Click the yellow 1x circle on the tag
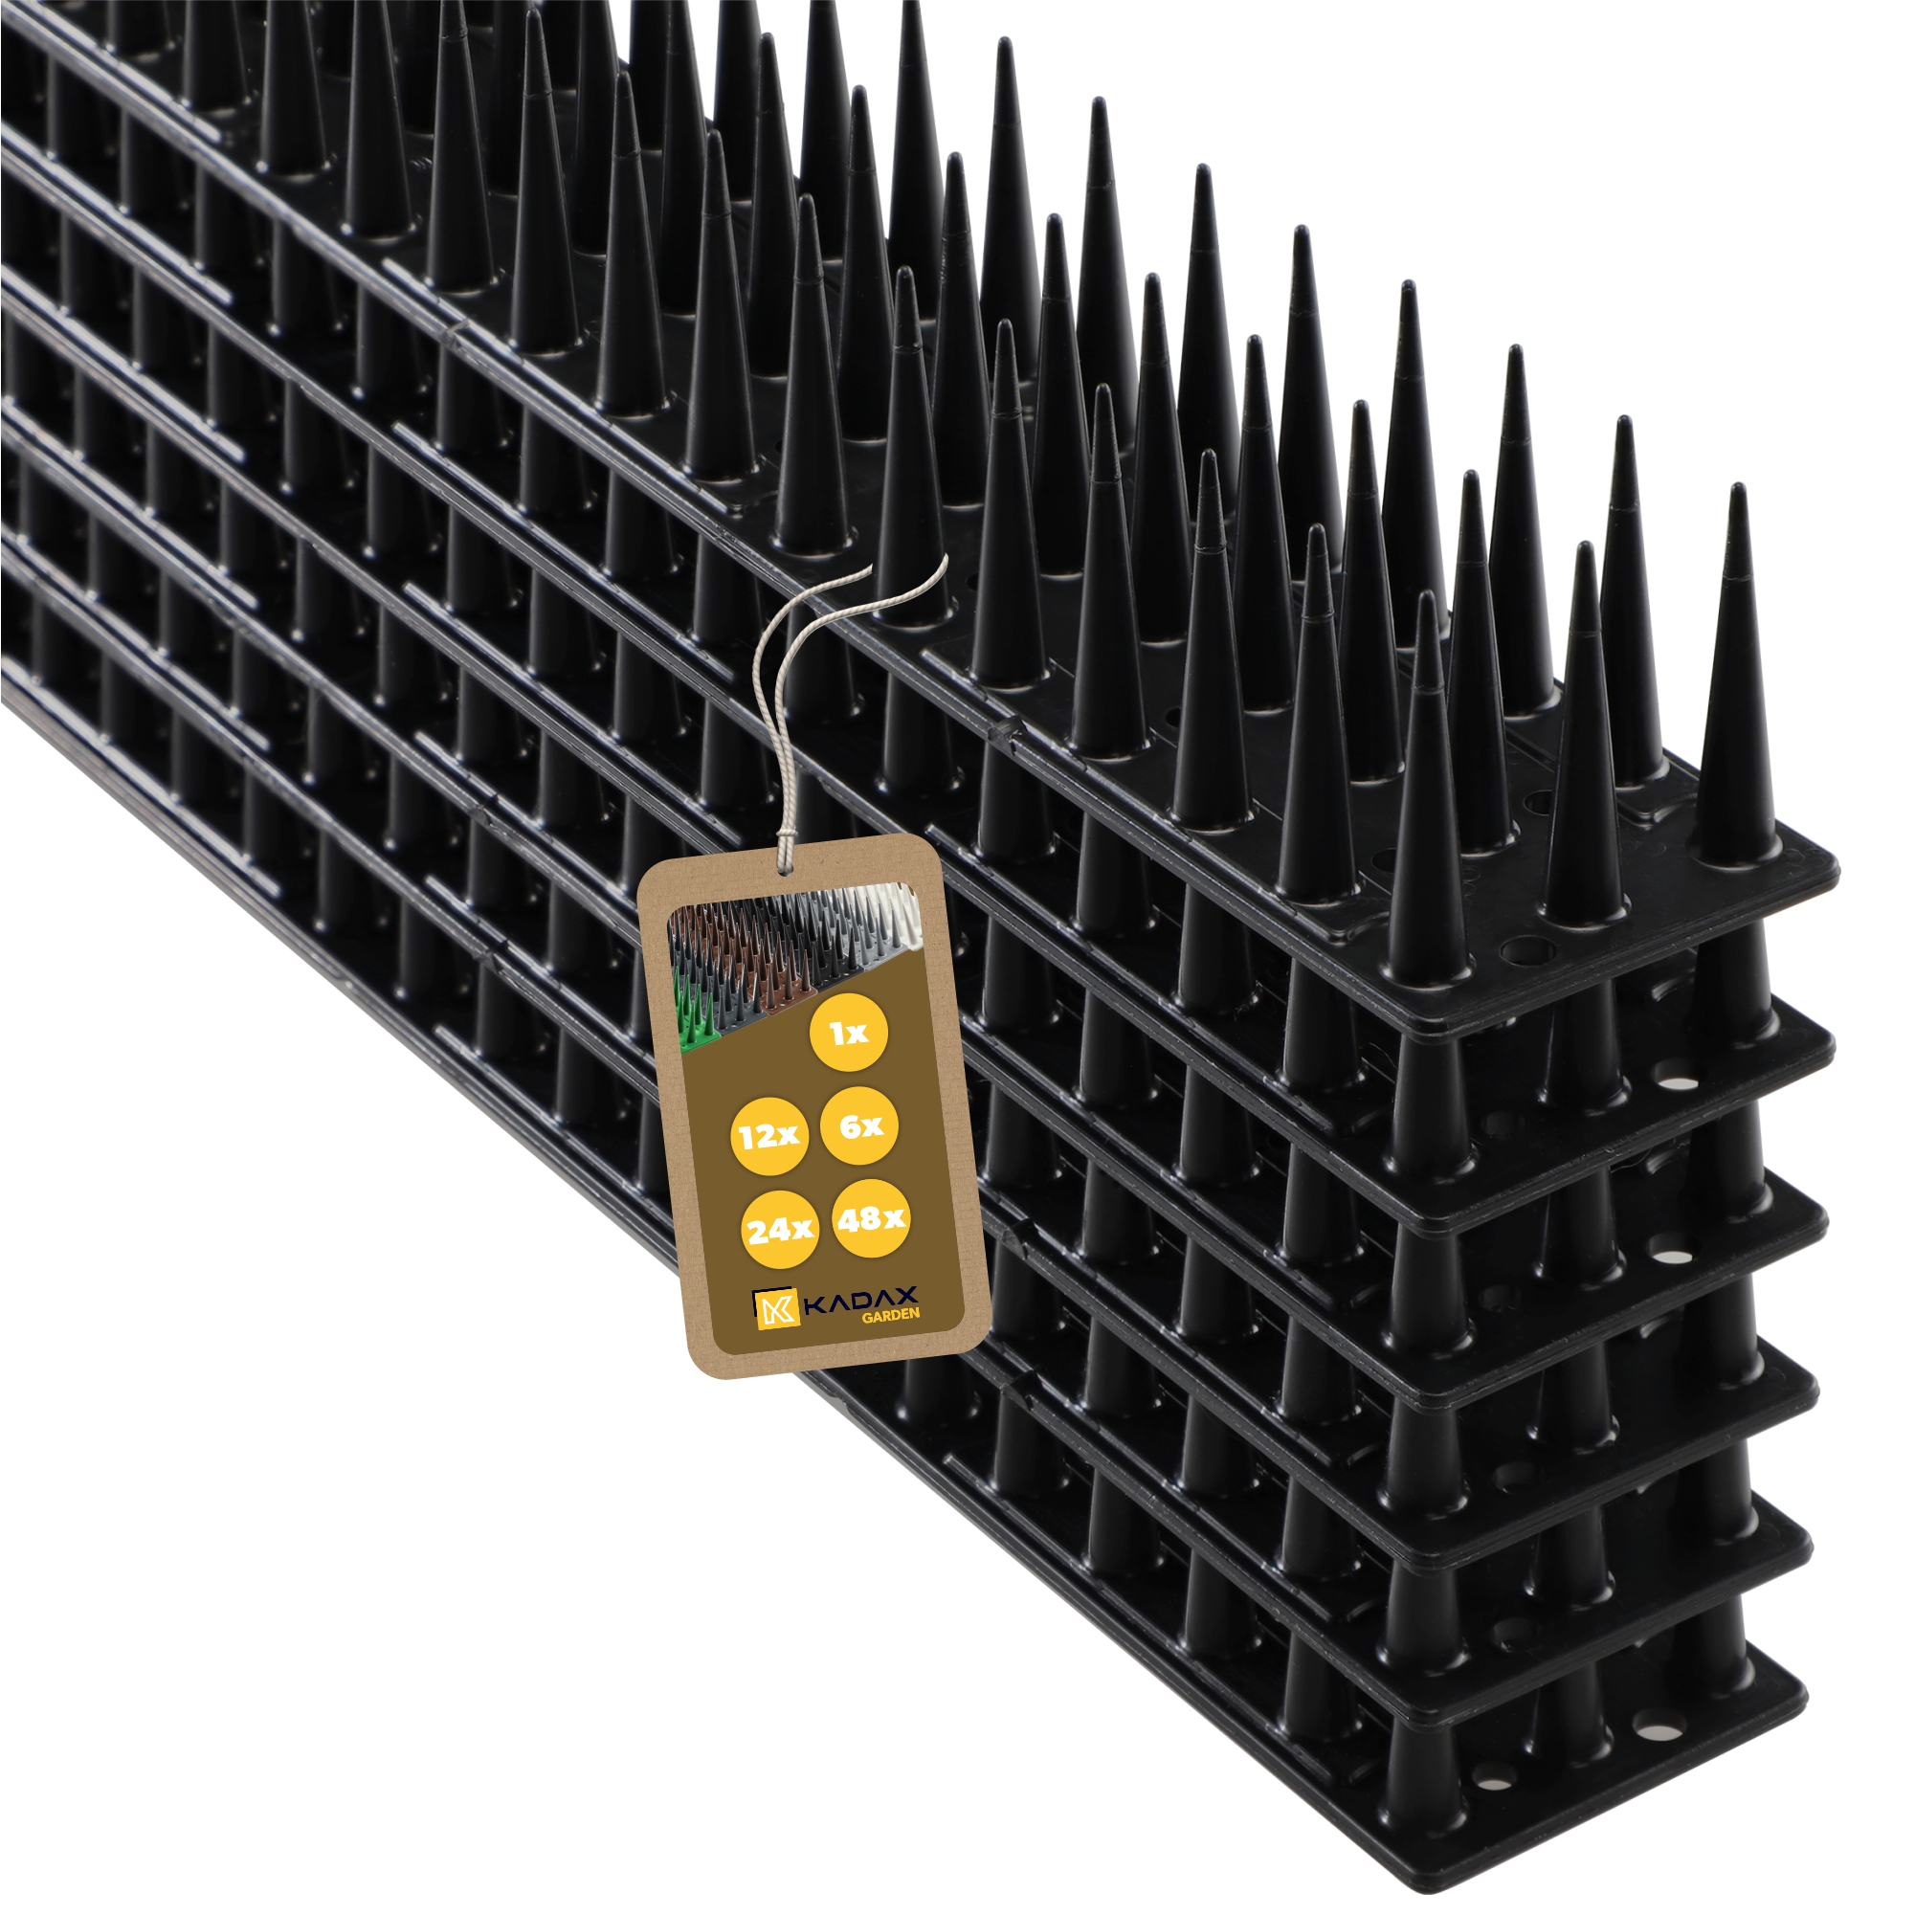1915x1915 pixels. coord(849,1035)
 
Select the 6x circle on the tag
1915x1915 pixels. coord(860,1127)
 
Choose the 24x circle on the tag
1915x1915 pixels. coord(780,1230)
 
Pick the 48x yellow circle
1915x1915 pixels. coord(871,1219)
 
